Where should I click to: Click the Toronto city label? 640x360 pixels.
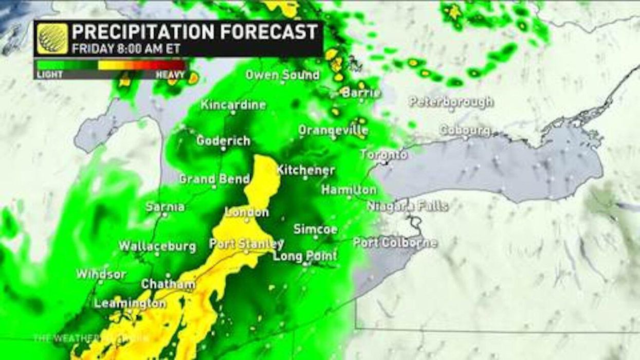[383, 154]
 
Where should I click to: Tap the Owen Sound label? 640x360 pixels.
[282, 75]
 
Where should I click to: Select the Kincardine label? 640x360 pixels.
[233, 105]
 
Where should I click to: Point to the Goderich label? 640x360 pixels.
[223, 140]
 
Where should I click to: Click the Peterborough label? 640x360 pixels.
[451, 102]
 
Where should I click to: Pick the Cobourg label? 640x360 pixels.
[465, 130]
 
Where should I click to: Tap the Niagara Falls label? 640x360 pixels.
[407, 206]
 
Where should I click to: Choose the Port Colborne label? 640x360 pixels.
[395, 243]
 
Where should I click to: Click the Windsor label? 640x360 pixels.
[101, 274]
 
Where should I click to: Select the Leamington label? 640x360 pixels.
[130, 303]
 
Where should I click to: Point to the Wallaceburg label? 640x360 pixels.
[157, 246]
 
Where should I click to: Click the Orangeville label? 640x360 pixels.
[333, 130]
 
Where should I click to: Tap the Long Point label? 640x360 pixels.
[305, 256]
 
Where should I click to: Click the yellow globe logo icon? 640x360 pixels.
[52, 39]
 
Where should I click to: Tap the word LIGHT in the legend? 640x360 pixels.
[49, 75]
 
